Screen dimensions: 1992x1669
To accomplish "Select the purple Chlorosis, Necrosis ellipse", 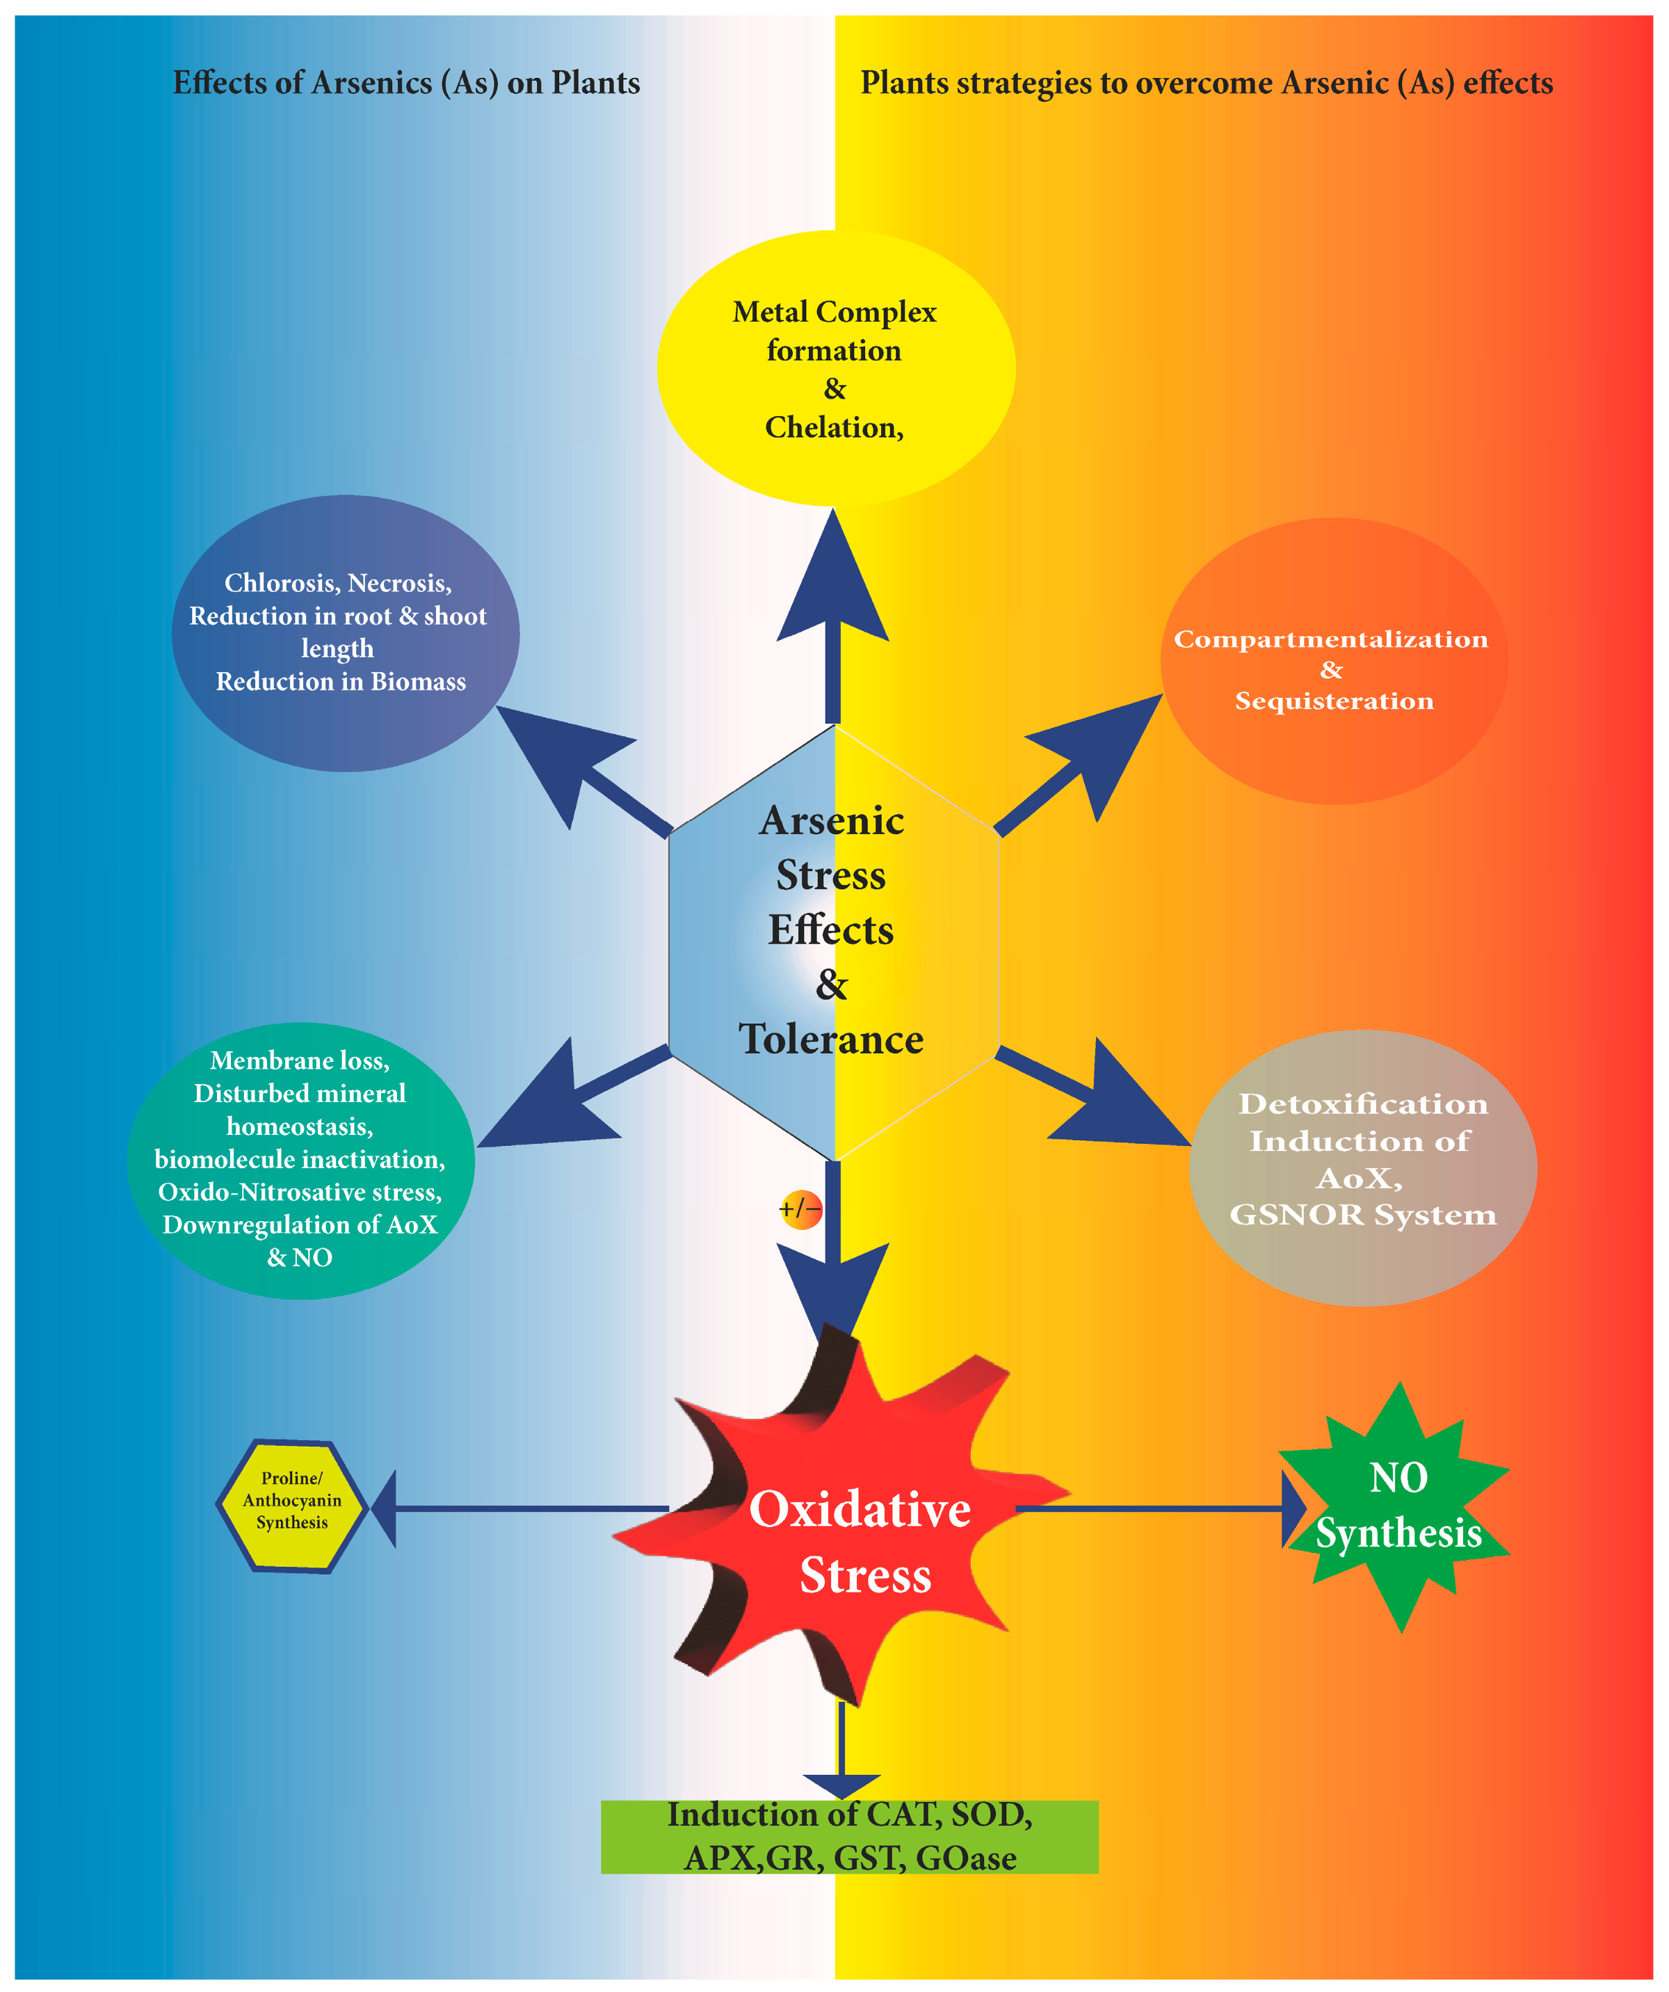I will (x=345, y=632).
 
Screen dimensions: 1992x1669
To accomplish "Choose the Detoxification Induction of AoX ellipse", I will (x=1363, y=1167).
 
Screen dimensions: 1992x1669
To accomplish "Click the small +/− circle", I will (x=800, y=1209).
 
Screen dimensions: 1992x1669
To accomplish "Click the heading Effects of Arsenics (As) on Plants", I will (x=406, y=83).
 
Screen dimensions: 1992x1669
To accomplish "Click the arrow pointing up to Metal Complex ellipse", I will (x=832, y=616).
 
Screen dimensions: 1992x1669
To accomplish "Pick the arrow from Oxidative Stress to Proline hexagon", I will (x=522, y=1508).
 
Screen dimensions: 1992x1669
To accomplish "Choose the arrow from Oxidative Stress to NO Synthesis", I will (x=1157, y=1508).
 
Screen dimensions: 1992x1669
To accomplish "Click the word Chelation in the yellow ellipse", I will (x=832, y=428).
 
